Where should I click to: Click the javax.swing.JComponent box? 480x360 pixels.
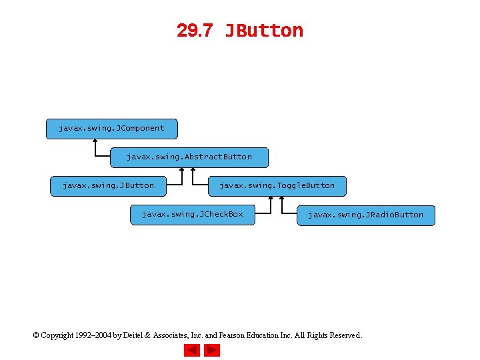111,128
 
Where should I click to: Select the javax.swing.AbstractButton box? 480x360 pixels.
189,157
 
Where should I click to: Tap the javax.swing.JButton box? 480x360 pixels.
107,186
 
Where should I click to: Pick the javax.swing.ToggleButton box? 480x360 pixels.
277,186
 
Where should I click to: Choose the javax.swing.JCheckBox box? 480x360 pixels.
192,215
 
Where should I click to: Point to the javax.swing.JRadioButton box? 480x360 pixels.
365,215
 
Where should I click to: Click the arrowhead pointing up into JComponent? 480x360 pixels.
95,141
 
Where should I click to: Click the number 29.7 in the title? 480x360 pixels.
194,31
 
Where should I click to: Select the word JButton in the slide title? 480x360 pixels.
264,31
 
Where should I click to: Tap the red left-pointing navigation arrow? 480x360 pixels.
192,350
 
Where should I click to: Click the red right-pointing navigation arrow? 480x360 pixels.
212,350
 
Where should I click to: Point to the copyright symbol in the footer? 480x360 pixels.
36,335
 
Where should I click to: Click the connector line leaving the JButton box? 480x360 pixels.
173,186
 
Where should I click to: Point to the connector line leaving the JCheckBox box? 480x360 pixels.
263,214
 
